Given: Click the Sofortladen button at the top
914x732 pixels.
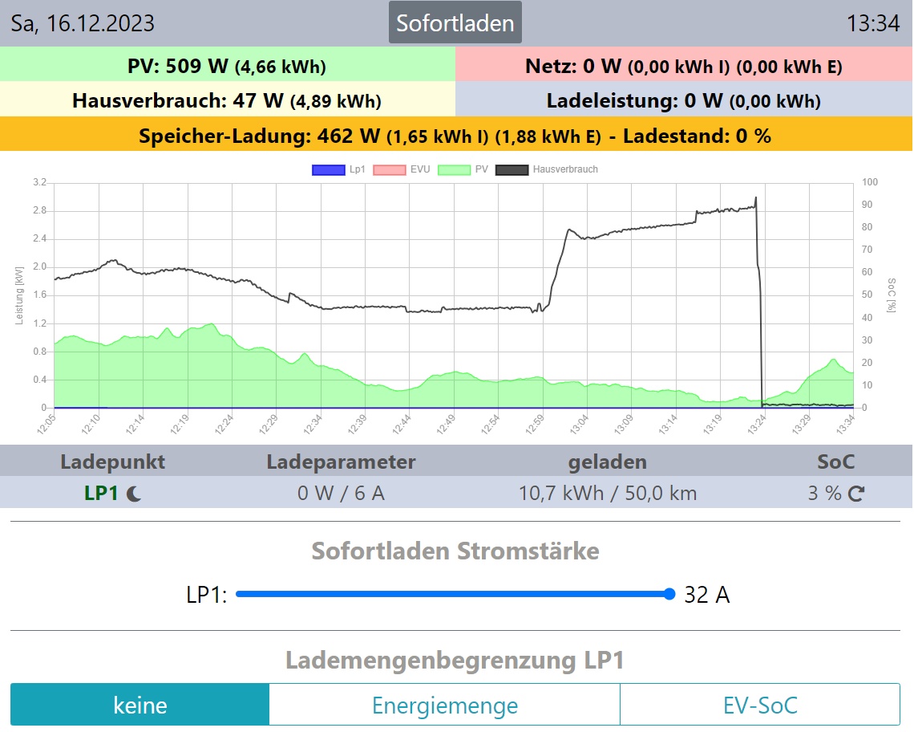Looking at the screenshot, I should click(455, 22).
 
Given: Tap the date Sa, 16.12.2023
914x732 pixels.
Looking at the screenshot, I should click(83, 23).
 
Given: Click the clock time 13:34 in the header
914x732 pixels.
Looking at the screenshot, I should click(873, 23).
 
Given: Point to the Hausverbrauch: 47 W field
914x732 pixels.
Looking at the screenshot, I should click(227, 100).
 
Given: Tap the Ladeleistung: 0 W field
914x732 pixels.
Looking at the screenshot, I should click(683, 100).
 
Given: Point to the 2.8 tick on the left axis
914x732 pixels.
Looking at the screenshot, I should click(39, 211).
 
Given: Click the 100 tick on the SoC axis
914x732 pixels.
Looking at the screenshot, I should click(871, 183).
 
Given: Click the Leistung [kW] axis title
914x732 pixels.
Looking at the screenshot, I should click(19, 295).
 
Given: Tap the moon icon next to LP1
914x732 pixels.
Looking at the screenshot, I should click(134, 494).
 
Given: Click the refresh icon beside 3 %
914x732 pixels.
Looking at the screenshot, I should click(856, 494).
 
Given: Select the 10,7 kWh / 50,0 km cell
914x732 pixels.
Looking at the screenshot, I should click(608, 493).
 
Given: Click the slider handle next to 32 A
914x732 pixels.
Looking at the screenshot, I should click(669, 594).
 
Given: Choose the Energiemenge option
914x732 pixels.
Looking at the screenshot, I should click(444, 706).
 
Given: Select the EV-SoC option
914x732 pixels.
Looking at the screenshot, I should click(759, 706).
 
